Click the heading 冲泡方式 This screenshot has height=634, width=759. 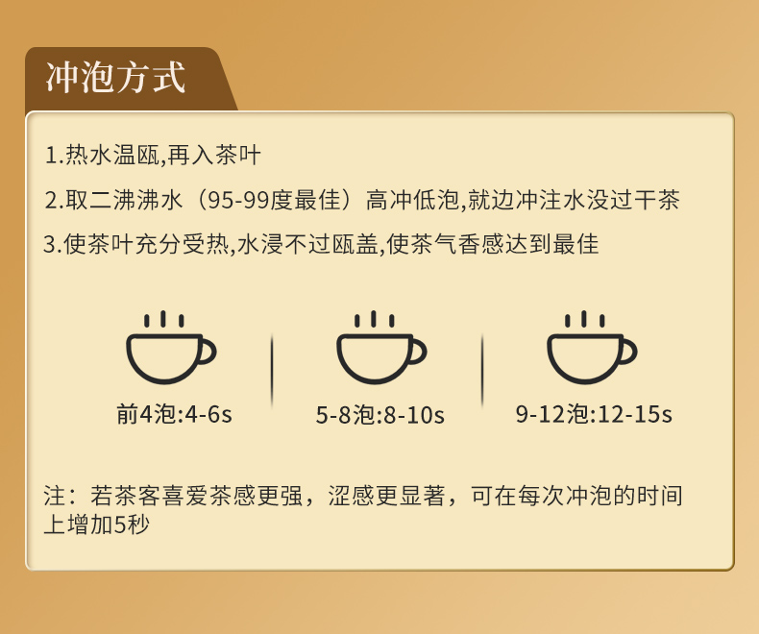click(115, 78)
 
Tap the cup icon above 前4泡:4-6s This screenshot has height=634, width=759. click(170, 348)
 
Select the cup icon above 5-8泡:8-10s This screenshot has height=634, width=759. click(381, 348)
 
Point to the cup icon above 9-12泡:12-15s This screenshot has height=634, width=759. click(592, 348)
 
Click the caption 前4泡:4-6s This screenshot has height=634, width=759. click(174, 415)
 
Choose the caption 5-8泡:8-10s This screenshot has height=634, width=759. click(380, 415)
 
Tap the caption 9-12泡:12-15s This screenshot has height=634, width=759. click(594, 414)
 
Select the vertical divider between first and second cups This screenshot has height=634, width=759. click(272, 370)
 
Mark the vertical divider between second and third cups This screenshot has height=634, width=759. click(482, 370)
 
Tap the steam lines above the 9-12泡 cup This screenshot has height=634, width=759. click(584, 320)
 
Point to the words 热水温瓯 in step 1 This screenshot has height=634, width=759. click(112, 156)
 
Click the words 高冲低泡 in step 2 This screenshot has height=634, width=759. click(412, 200)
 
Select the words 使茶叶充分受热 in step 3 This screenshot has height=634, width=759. click(146, 244)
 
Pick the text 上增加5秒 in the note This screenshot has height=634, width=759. click(96, 525)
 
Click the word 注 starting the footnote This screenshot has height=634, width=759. click(54, 496)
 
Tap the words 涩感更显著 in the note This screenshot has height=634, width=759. click(386, 496)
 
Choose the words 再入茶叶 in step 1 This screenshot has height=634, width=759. click(214, 156)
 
